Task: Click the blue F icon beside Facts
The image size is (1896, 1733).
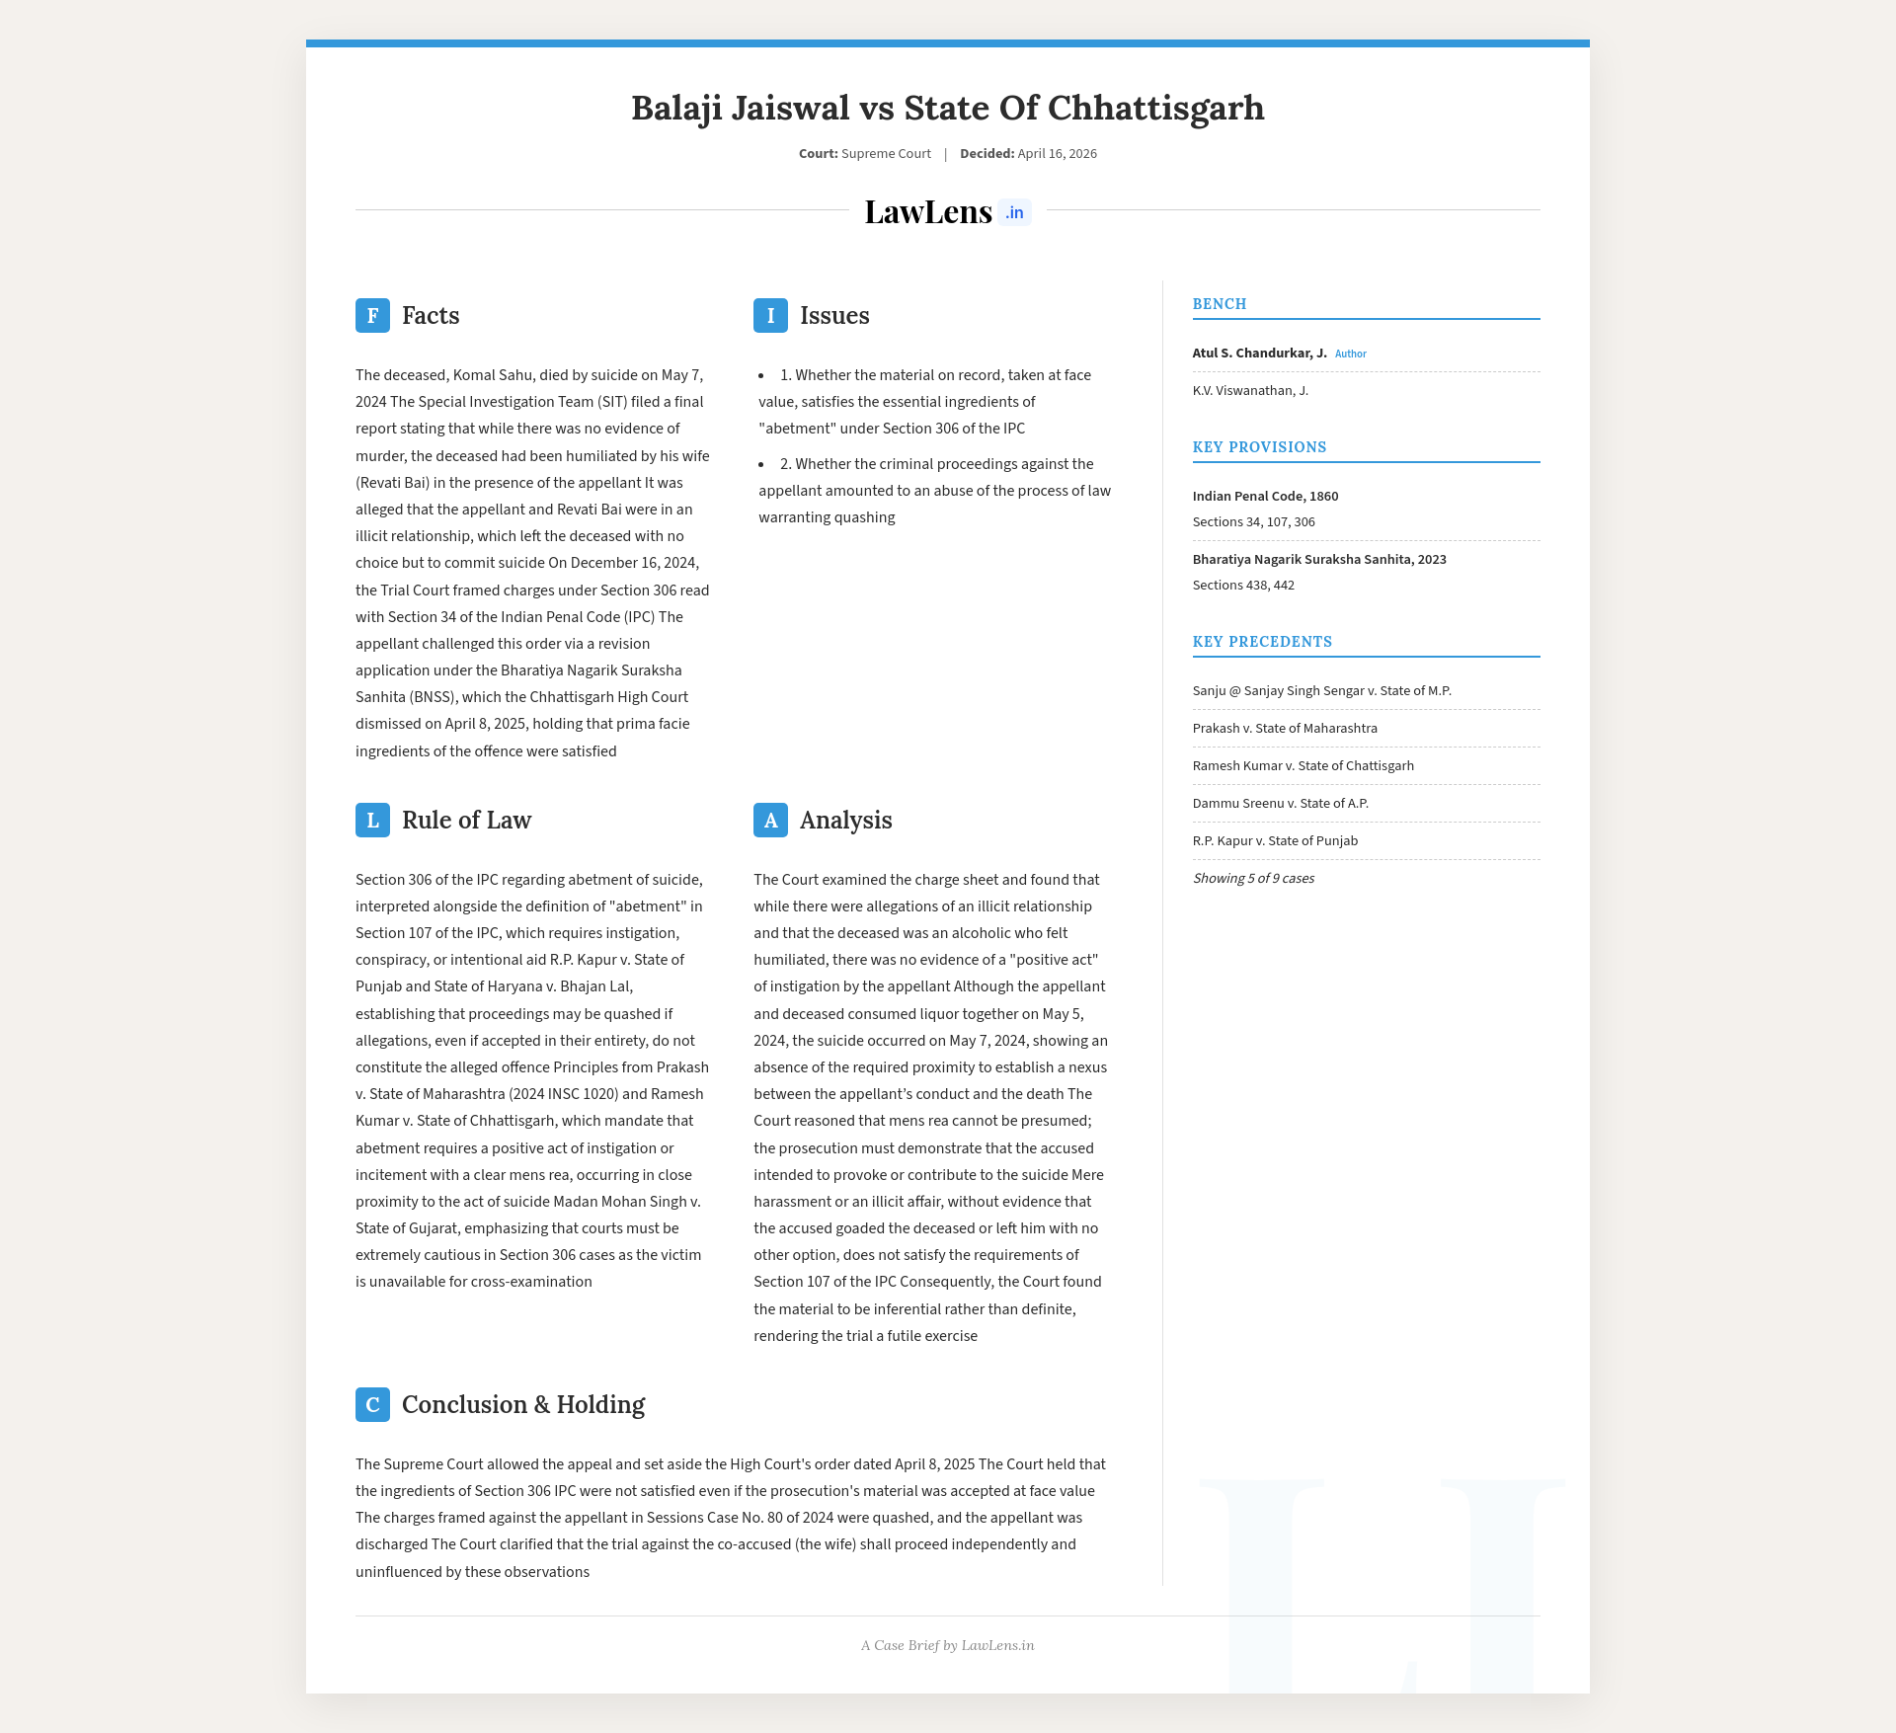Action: [372, 315]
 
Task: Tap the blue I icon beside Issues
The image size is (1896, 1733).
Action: [770, 315]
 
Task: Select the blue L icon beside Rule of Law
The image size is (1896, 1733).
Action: [372, 820]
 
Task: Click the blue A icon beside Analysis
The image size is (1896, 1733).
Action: [770, 820]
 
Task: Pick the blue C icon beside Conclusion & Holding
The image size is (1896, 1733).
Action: [372, 1404]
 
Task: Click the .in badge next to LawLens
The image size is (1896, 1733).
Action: [1014, 212]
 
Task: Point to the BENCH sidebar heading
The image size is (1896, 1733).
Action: [1220, 304]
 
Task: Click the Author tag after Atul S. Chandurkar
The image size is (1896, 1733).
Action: [1350, 354]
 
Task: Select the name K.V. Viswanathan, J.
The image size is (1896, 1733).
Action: [1250, 390]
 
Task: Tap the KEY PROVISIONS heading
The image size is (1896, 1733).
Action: [1259, 447]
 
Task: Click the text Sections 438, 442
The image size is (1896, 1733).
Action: [1243, 585]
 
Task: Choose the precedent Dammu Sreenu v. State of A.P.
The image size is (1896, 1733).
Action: [1280, 803]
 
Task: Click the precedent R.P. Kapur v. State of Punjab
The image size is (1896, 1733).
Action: [1275, 840]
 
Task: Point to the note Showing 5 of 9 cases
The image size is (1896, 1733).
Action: [1253, 878]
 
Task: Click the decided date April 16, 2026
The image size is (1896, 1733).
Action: [1057, 153]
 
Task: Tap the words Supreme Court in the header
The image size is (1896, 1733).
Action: [886, 153]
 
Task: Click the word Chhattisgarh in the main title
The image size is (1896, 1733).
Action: [1155, 108]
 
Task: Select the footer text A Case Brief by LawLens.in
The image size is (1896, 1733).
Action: [948, 1645]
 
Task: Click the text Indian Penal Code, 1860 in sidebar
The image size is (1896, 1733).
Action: [1265, 496]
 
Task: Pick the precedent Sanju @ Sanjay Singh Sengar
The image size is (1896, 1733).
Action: [1321, 690]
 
